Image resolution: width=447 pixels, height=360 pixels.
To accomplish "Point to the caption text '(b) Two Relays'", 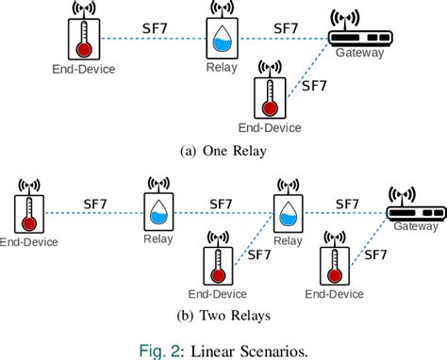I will pos(223,317).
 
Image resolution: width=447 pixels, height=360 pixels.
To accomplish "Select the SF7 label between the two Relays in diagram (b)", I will pos(221,203).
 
